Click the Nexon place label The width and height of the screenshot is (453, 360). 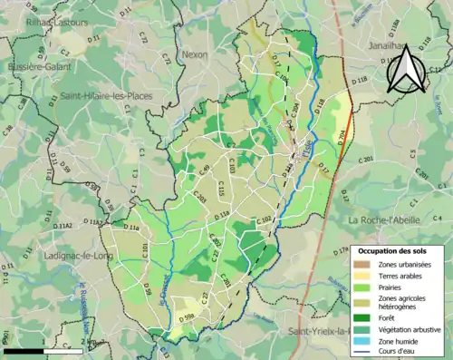click(x=195, y=54)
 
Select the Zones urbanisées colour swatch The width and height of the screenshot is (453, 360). click(x=363, y=263)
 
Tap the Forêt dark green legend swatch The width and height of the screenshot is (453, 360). click(x=363, y=317)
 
